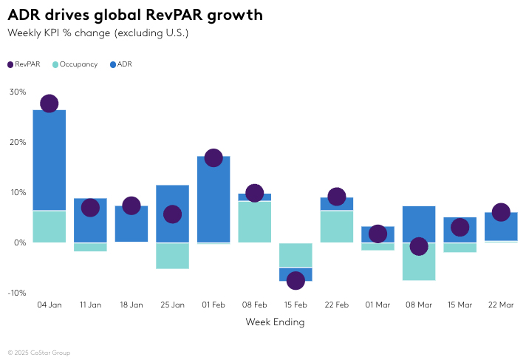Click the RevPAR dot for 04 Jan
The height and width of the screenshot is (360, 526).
(49, 103)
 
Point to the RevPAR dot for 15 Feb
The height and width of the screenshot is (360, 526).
(296, 280)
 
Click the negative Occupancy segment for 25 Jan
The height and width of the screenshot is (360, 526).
(172, 255)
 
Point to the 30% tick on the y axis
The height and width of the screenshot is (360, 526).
(18, 92)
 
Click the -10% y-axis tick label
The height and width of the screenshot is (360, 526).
(17, 293)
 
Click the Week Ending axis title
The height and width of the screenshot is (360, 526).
(275, 322)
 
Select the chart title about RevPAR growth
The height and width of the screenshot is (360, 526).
(134, 16)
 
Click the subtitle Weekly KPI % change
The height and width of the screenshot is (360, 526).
(98, 33)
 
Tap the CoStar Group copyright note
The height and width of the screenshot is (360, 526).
(38, 353)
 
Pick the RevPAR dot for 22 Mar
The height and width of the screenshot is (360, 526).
(501, 212)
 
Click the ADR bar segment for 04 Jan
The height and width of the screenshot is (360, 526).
(49, 159)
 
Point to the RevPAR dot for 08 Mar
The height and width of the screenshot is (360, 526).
(419, 246)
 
